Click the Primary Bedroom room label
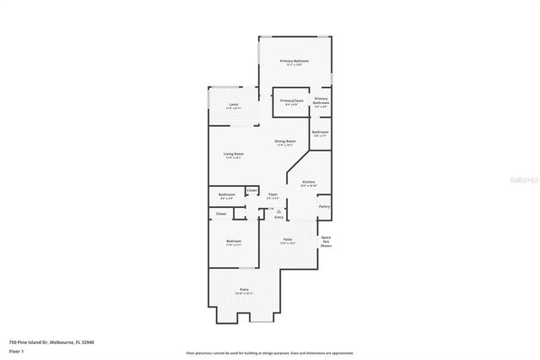click(294, 62)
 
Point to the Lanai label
click(233, 105)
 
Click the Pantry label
click(324, 206)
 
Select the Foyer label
click(273, 195)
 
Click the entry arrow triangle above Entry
click(267, 211)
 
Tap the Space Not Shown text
click(326, 242)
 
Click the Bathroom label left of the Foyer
click(226, 195)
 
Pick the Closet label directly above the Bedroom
click(221, 214)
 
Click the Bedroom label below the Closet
click(234, 242)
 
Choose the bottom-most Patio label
click(244, 290)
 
